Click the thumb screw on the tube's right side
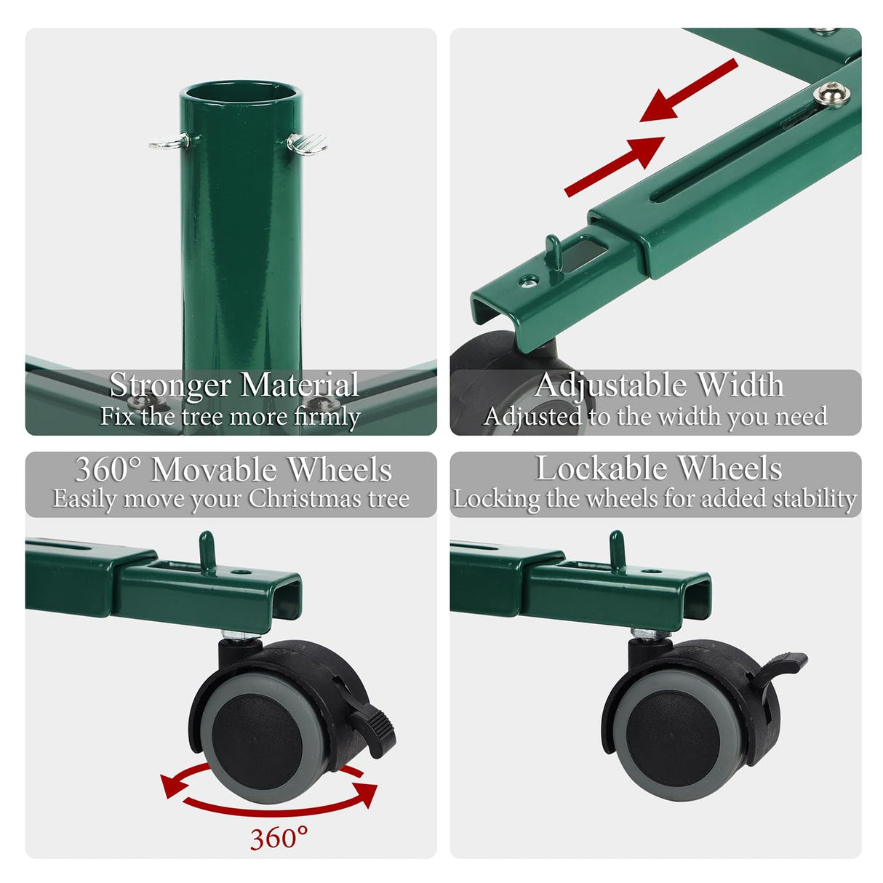(307, 144)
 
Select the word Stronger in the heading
(169, 385)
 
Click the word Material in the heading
(300, 385)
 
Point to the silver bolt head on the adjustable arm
(831, 94)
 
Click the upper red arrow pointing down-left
(688, 91)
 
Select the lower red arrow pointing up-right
(615, 167)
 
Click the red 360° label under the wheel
(279, 838)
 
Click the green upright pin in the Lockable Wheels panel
(617, 551)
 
